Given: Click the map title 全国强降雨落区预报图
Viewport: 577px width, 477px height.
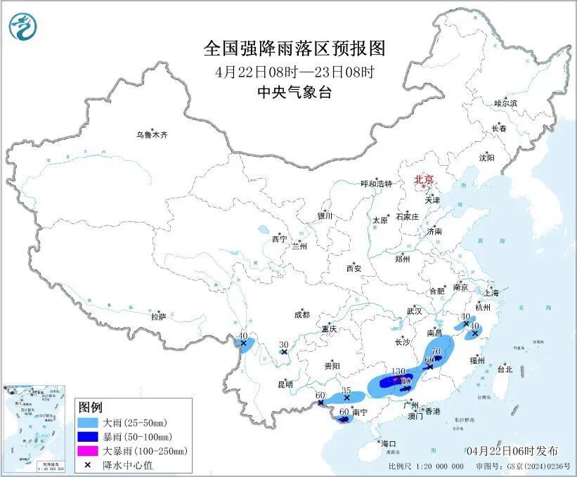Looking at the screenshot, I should click(x=294, y=48).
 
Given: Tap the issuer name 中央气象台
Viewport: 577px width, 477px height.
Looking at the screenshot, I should click(x=294, y=92).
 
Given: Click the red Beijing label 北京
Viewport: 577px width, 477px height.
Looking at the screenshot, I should click(x=424, y=179).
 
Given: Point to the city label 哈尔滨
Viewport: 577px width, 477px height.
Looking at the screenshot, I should click(x=505, y=103).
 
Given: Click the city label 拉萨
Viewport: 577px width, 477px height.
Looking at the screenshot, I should click(x=158, y=317).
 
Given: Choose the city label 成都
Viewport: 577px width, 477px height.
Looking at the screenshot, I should click(x=303, y=315).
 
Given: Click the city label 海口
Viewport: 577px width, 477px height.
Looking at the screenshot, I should click(x=389, y=443).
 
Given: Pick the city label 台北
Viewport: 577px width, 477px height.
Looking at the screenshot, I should click(x=505, y=369).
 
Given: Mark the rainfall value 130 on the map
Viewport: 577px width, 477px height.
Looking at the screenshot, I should click(x=398, y=372).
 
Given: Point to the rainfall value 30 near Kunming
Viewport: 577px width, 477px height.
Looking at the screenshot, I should click(x=284, y=344).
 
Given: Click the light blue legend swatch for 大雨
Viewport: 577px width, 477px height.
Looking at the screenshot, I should click(x=90, y=423).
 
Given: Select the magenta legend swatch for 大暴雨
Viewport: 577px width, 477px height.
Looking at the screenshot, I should click(x=90, y=450).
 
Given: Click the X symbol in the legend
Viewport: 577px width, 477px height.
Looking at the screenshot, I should click(x=90, y=464).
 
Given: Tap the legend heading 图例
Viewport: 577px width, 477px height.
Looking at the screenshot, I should click(x=91, y=407).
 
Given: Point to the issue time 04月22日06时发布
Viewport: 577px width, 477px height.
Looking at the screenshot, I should click(x=512, y=450).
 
